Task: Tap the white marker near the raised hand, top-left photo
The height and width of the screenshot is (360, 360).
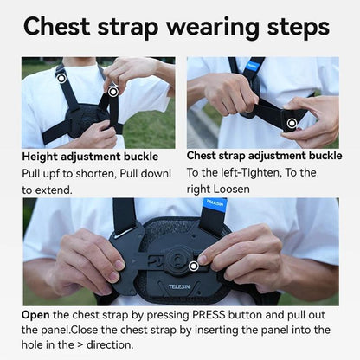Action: tap(112, 90)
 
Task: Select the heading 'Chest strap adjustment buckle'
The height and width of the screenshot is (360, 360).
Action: tap(264, 157)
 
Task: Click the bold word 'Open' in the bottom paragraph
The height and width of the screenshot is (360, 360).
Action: tap(37, 315)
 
